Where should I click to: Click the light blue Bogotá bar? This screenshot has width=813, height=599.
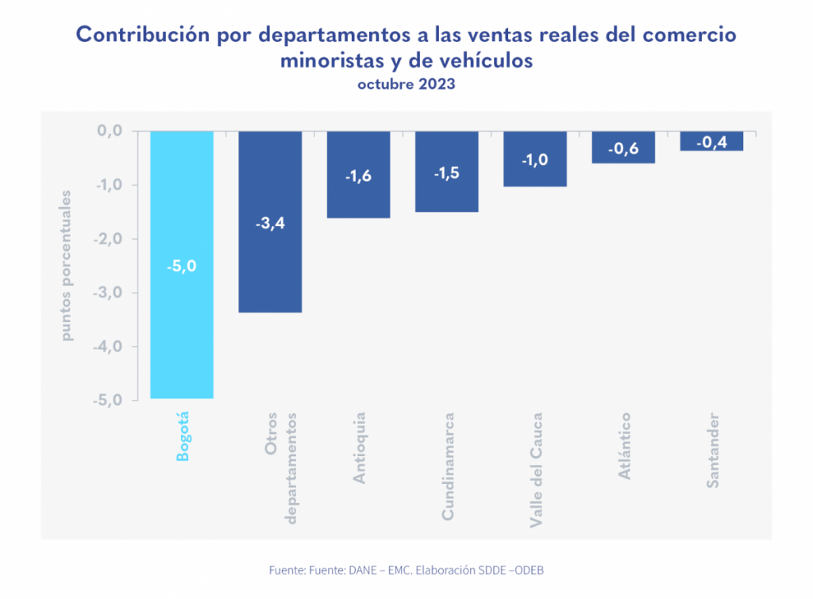182,317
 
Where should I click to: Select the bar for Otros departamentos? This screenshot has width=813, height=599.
270,262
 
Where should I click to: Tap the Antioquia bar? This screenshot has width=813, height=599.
358,198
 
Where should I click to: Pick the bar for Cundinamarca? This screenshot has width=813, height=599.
446,194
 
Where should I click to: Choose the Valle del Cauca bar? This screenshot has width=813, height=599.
534,171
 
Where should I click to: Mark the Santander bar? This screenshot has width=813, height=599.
711,141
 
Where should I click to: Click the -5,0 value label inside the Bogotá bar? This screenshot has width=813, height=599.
181,267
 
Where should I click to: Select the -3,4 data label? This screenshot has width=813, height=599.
270,224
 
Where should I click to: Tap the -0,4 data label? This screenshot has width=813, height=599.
711,143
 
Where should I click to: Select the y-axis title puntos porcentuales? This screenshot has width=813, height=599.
67,266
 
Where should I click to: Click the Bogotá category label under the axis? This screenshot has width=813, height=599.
183,436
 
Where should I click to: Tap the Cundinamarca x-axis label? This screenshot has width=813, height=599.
448,467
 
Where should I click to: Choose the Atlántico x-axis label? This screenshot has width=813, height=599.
624,446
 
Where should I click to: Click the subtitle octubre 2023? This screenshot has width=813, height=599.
406,85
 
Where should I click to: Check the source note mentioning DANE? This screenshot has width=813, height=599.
406,570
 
